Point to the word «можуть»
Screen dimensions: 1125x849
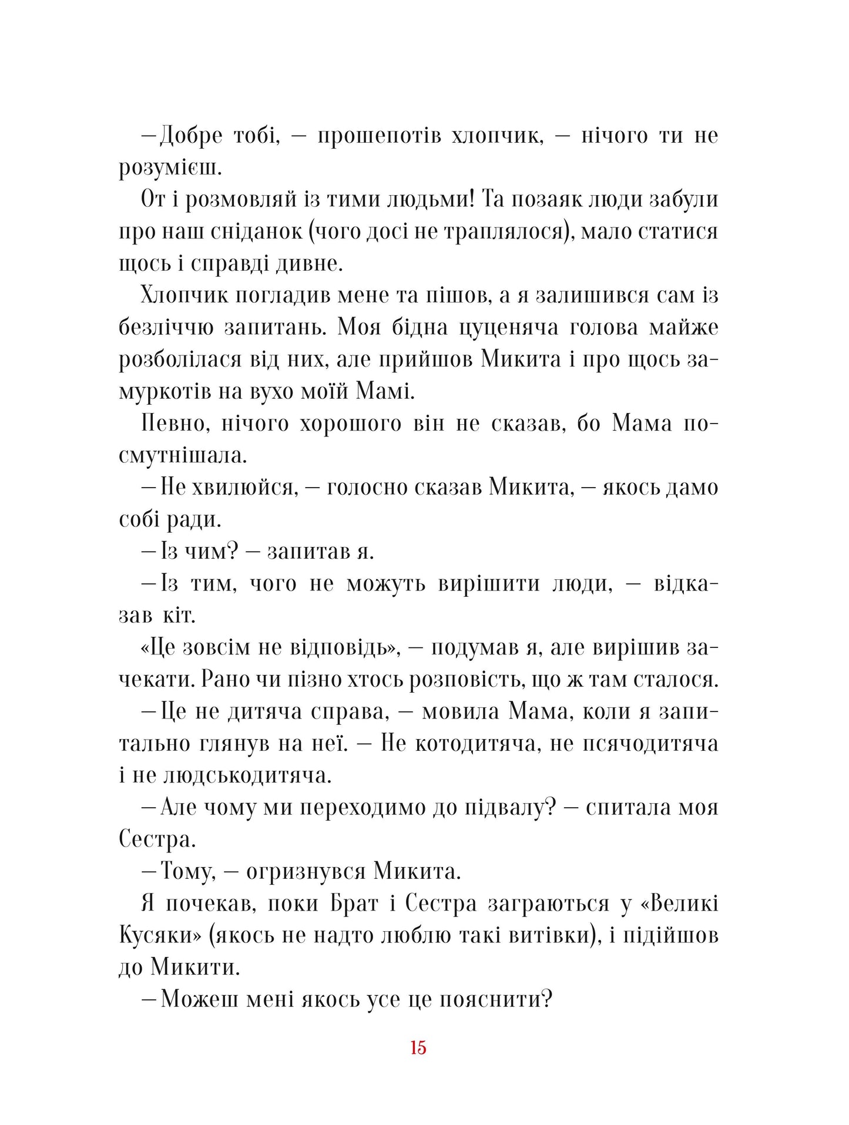pos(385,584)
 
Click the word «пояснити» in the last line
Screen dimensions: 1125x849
pos(495,999)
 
